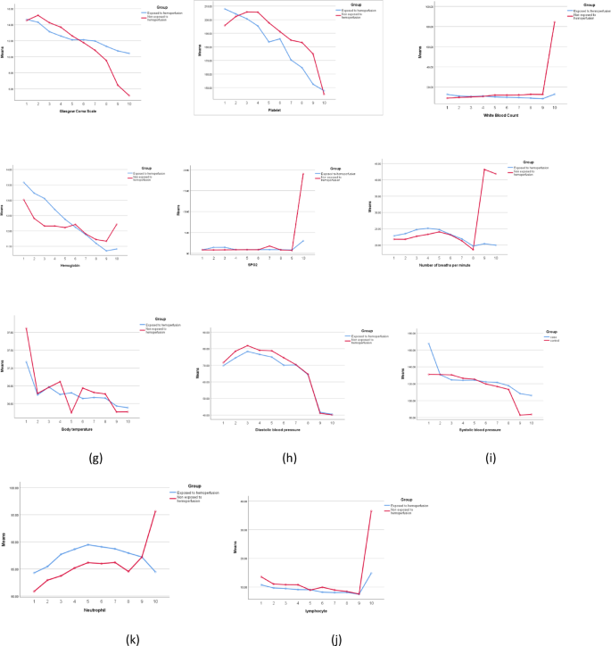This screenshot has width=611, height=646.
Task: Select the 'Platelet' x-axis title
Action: [275, 110]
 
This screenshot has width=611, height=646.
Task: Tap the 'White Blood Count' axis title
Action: [502, 114]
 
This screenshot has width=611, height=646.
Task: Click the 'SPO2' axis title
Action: [253, 265]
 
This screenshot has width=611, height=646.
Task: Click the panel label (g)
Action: [95, 460]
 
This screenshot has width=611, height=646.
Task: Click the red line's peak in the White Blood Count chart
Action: [554, 21]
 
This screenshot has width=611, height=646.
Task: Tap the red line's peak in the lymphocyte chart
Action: [370, 510]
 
